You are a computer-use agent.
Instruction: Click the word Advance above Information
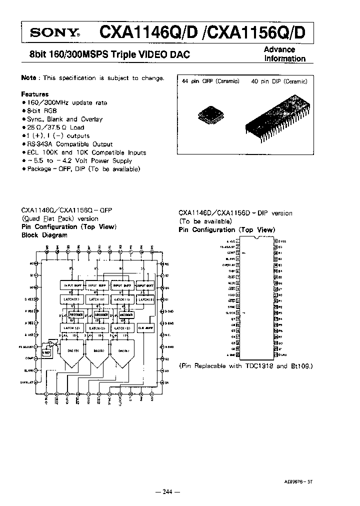tap(279, 49)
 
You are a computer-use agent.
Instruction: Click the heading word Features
tap(34, 94)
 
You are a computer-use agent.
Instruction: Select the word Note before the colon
tap(28, 78)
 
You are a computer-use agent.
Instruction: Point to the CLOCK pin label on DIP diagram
tap(230, 312)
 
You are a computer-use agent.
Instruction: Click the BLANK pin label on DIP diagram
tap(230, 258)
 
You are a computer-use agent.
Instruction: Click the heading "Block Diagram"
tap(44, 234)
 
